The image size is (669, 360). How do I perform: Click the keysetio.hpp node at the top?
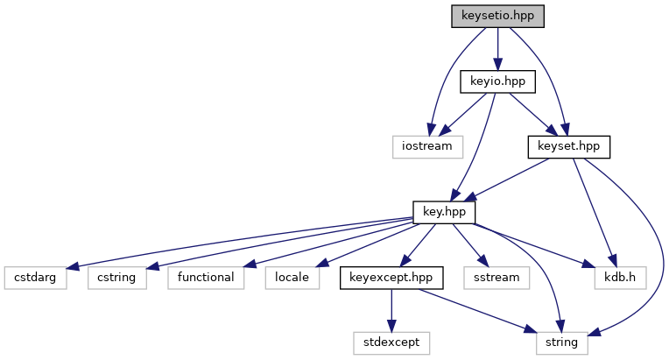tap(497, 16)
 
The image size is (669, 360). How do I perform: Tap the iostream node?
tap(426, 146)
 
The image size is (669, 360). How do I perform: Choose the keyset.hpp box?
tap(568, 146)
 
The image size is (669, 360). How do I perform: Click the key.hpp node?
tap(445, 212)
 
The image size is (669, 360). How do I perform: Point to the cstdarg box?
tap(34, 277)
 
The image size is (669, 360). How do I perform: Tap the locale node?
tap(292, 277)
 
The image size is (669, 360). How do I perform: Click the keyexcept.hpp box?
tap(391, 277)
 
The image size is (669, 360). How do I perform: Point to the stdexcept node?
tap(391, 342)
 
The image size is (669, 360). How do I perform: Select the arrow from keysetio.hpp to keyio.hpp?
tap(497, 49)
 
